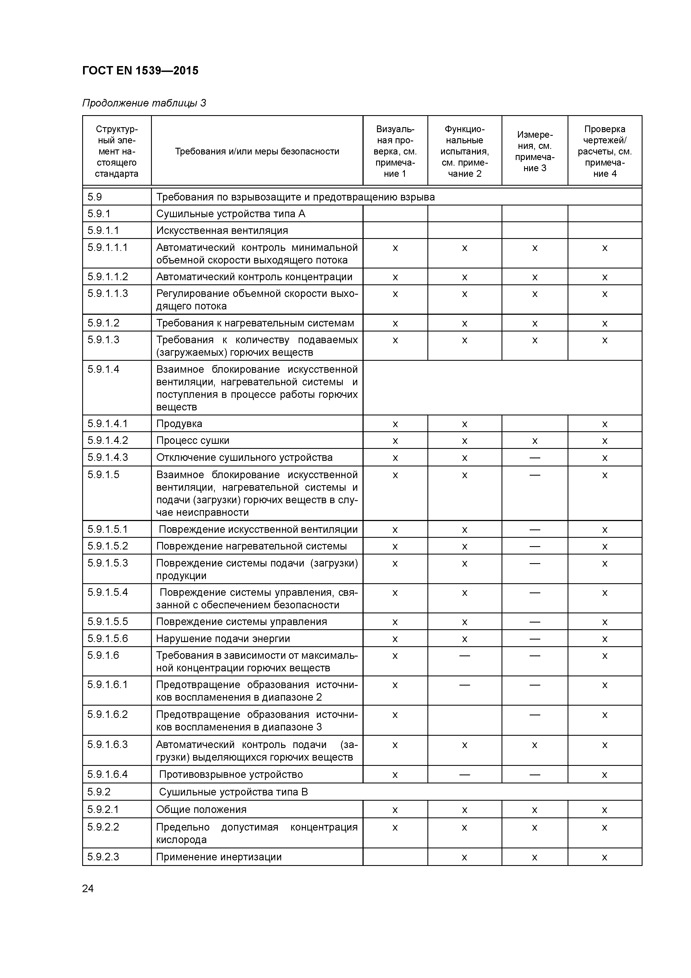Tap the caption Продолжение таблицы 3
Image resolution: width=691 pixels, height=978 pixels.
[x=144, y=103]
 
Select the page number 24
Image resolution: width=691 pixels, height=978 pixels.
[x=88, y=889]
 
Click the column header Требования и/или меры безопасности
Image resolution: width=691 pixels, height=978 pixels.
[x=257, y=151]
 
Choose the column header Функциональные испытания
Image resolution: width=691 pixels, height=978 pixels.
[x=464, y=151]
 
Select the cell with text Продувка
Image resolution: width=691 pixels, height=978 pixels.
[x=179, y=424]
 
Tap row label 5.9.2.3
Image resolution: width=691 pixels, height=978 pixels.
[x=103, y=857]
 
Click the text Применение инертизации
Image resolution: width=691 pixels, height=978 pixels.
[x=218, y=857]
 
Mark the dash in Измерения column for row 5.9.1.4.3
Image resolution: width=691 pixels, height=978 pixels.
[x=534, y=457]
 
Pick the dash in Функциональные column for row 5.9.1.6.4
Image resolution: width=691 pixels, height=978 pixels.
[x=464, y=774]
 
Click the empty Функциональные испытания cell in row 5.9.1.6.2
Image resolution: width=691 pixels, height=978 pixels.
[x=464, y=720]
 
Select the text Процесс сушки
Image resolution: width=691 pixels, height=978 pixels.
[x=193, y=440]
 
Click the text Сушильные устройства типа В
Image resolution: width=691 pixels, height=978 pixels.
[x=233, y=792]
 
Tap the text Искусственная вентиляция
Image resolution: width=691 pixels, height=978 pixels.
[x=222, y=231]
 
